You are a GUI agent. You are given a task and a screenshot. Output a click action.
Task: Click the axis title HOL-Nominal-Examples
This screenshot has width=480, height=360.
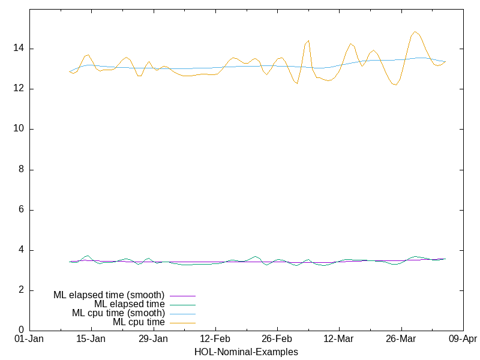[246, 352]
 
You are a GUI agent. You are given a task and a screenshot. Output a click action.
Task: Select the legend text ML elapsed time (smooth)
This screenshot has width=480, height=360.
[109, 295]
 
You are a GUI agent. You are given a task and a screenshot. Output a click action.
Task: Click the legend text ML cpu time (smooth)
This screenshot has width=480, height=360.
[118, 313]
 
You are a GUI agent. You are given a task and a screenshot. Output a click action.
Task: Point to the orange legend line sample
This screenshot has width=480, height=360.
[182, 322]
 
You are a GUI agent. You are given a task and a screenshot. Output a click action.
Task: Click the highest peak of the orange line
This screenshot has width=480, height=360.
[415, 32]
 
